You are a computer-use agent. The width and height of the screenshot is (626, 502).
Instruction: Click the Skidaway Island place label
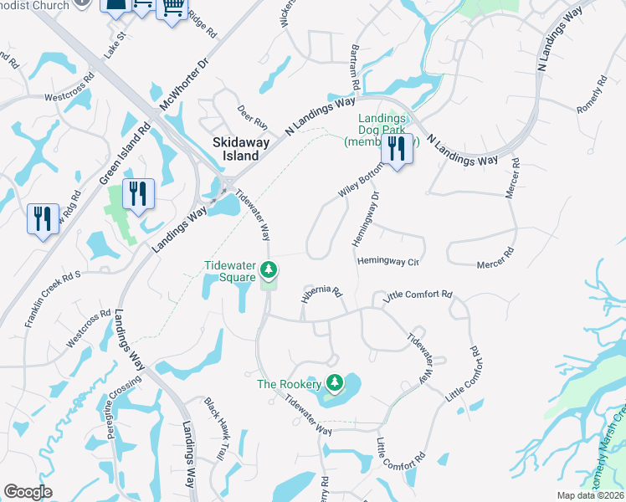point(241,149)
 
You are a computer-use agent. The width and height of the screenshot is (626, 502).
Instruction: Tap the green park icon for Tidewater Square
point(269,270)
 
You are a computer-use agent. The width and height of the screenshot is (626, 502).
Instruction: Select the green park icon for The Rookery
point(335,383)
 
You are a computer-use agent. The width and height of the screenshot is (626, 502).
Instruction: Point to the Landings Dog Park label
point(382,130)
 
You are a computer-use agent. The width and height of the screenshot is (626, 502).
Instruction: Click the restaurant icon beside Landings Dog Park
point(397,148)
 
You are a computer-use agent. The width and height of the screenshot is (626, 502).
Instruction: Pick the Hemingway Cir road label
point(388,261)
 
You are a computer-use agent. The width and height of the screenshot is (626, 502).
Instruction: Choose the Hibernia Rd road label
point(322,293)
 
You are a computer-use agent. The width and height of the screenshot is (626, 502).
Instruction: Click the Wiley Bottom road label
point(360,181)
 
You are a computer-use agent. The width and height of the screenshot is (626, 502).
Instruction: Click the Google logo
point(28,492)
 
